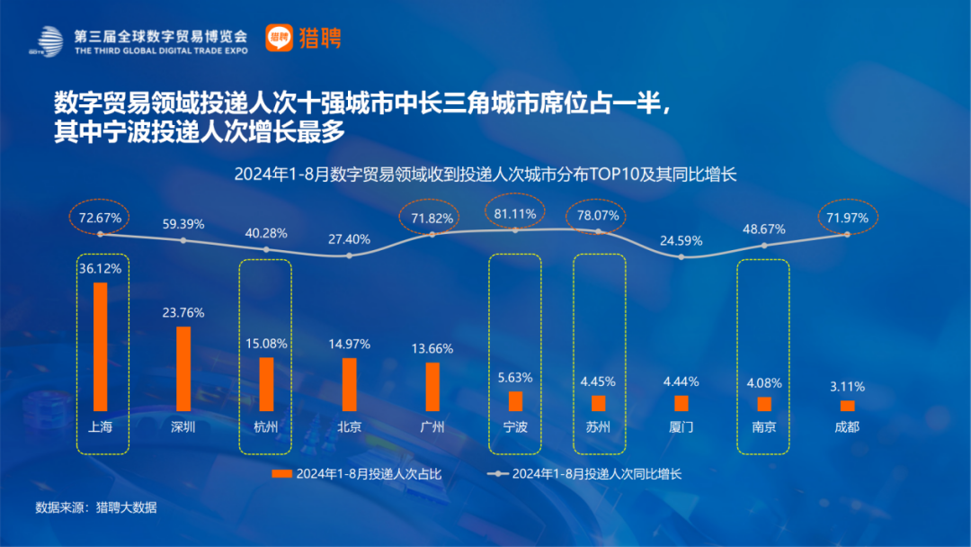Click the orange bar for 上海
click(101, 346)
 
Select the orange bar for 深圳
click(183, 368)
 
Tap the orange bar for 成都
click(847, 406)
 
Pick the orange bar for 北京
click(349, 384)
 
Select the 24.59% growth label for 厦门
click(681, 240)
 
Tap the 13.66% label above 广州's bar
click(432, 348)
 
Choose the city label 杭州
click(266, 426)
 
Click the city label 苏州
click(598, 426)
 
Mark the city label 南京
click(764, 426)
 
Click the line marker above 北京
click(349, 256)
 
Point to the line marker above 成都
click(847, 234)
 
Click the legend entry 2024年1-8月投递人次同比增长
click(584, 473)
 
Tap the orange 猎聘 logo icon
click(279, 38)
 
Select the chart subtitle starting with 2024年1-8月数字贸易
click(485, 175)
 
